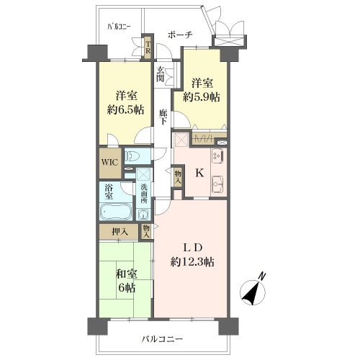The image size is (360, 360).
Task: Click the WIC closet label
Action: pyautogui.click(x=109, y=163)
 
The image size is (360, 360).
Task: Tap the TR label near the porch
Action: pyautogui.click(x=148, y=48)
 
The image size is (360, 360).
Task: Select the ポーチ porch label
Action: pyautogui.click(x=180, y=35)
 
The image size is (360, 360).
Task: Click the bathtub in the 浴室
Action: pyautogui.click(x=116, y=212)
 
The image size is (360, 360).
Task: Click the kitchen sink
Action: pyautogui.click(x=218, y=184)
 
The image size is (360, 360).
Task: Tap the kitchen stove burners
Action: pyautogui.click(x=217, y=156)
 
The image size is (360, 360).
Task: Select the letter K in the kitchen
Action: pyautogui.click(x=199, y=173)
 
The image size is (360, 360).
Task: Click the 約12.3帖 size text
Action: pyautogui.click(x=192, y=262)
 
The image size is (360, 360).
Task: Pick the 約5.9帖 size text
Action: pyautogui.click(x=202, y=97)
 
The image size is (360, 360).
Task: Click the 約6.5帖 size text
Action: pyautogui.click(x=125, y=110)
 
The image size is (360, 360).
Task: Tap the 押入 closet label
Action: pyautogui.click(x=120, y=232)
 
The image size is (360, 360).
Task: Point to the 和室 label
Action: pyautogui.click(x=127, y=274)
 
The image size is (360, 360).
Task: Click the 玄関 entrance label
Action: pyautogui.click(x=161, y=74)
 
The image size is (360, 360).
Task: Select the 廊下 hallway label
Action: pyautogui.click(x=163, y=117)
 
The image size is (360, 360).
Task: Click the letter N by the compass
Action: pyautogui.click(x=263, y=276)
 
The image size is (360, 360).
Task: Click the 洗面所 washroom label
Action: pyautogui.click(x=144, y=194)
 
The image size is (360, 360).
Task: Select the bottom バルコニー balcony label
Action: pyautogui.click(x=162, y=339)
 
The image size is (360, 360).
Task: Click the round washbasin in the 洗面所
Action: pyautogui.click(x=143, y=215)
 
